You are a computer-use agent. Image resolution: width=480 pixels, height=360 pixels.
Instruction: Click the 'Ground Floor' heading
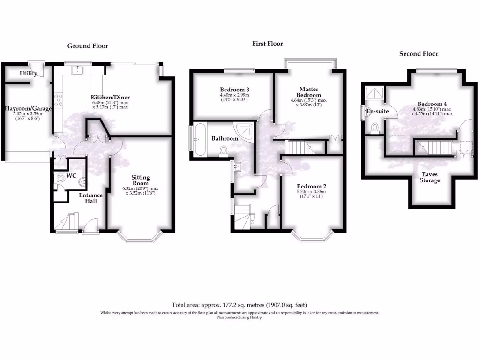(88, 46)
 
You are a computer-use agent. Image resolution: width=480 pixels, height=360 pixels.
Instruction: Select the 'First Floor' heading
(268, 44)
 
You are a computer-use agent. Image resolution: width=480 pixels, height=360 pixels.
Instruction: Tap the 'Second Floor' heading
(419, 54)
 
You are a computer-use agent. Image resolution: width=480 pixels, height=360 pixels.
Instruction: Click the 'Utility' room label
(28, 74)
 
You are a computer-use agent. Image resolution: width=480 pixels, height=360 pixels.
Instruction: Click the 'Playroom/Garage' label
(27, 108)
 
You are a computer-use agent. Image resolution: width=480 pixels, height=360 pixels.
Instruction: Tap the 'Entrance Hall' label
(90, 198)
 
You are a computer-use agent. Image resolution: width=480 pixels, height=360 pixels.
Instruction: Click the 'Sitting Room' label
(140, 180)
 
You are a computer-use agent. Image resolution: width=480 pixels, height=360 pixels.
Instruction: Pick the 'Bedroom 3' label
(234, 90)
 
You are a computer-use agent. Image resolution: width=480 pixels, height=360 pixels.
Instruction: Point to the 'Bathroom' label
(225, 138)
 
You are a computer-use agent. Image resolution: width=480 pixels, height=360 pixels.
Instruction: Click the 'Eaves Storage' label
(429, 177)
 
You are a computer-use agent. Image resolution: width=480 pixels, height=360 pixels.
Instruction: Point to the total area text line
(240, 305)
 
